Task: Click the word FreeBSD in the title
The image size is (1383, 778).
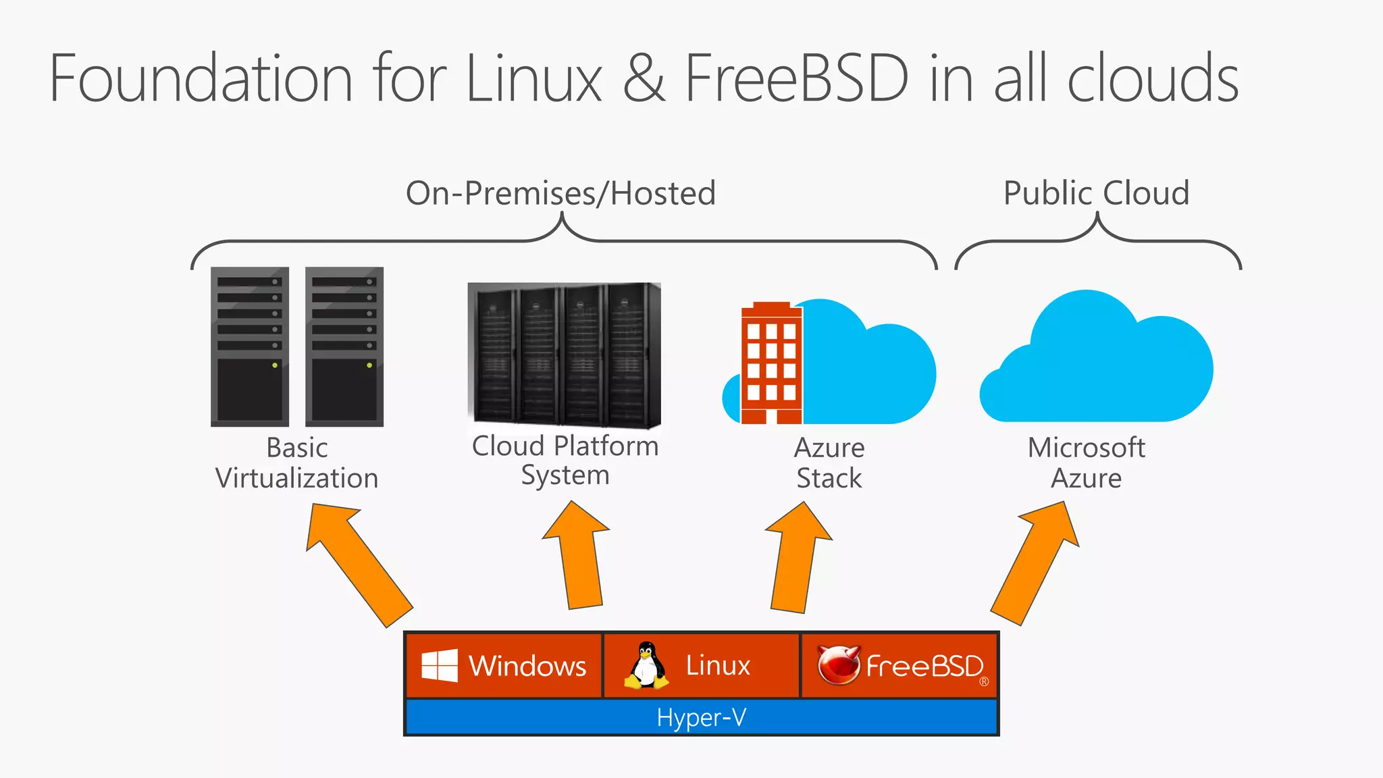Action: pos(797,79)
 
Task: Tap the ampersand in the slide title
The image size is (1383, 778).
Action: pos(644,79)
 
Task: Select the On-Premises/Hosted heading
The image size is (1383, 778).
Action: pos(560,193)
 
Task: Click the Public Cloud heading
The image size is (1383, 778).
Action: pos(1096,193)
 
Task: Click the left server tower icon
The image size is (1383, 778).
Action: pos(250,346)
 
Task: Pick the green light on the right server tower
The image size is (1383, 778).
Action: pos(369,365)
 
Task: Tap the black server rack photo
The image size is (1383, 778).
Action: pos(564,355)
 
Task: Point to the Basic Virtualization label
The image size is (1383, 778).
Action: pos(297,463)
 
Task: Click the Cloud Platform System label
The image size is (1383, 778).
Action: pos(565,461)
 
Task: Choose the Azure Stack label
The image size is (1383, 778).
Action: pos(829,463)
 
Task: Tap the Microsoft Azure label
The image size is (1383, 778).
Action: pos(1086,463)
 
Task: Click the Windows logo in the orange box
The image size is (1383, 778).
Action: pos(440,666)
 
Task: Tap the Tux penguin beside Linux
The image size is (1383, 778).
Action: pos(647,666)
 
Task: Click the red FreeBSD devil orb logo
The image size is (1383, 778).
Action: pos(837,665)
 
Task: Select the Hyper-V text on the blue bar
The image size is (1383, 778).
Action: pos(701,717)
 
